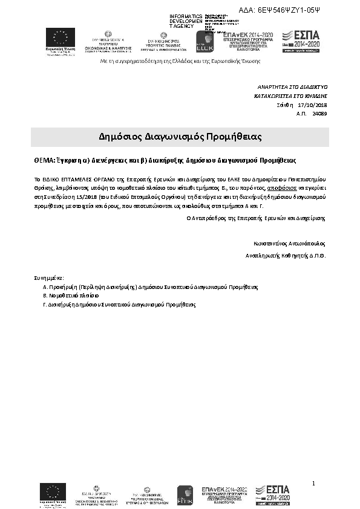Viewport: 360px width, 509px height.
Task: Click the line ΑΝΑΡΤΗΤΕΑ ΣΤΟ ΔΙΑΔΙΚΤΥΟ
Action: click(292, 87)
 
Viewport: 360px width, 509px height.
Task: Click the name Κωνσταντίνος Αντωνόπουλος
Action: click(290, 244)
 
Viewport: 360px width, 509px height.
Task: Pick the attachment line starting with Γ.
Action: click(119, 305)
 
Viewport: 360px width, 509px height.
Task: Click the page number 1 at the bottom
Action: click(315, 482)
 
